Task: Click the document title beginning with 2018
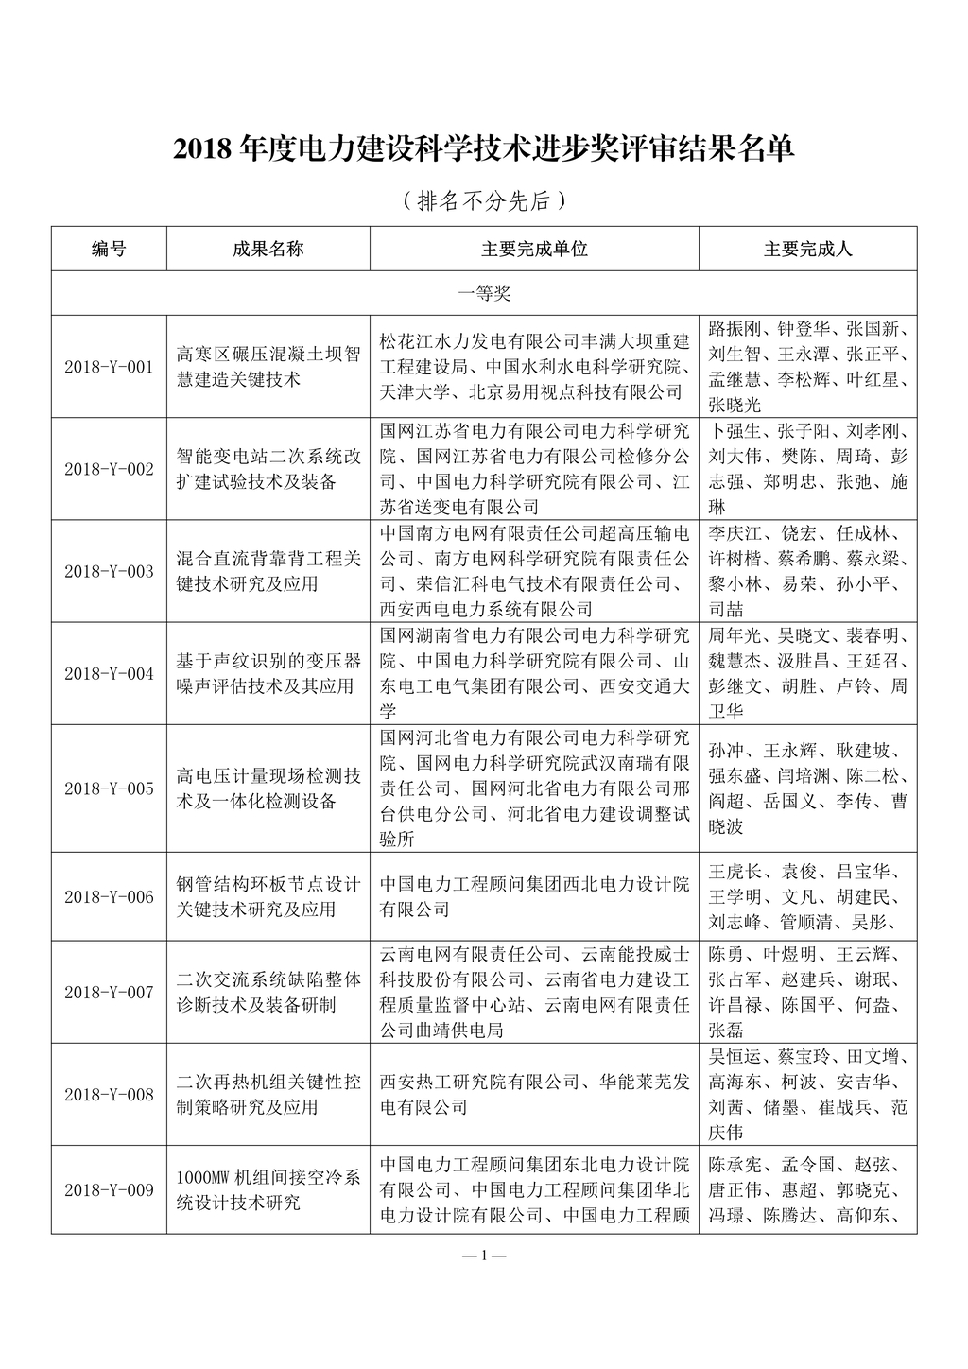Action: (x=483, y=149)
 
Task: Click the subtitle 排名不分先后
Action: (x=483, y=200)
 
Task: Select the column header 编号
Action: (x=109, y=249)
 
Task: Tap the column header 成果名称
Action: (x=268, y=249)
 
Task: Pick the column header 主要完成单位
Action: (x=534, y=249)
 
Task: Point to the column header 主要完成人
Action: (x=807, y=249)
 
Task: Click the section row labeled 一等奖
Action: (x=483, y=294)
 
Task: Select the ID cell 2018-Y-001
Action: (x=109, y=367)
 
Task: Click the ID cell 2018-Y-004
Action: (x=109, y=673)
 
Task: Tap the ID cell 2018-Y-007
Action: (x=109, y=992)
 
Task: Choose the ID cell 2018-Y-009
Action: (x=109, y=1189)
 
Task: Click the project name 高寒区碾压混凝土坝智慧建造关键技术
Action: (x=268, y=367)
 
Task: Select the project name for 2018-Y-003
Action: (x=268, y=571)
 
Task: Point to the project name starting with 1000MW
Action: (x=268, y=1189)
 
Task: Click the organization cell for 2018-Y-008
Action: (x=534, y=1094)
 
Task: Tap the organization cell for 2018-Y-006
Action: (x=534, y=896)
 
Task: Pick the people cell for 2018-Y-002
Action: (x=807, y=469)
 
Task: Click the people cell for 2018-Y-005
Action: (x=807, y=788)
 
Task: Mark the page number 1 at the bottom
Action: (x=483, y=1256)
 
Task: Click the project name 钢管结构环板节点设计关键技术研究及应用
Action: (x=268, y=896)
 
